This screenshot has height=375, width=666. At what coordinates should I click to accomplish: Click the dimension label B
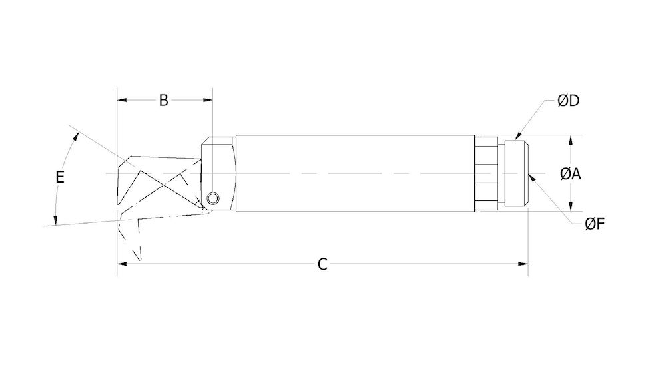pyautogui.click(x=164, y=101)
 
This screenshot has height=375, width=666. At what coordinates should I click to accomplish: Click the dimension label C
pyautogui.click(x=322, y=264)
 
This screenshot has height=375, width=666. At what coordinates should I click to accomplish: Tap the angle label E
pyautogui.click(x=60, y=177)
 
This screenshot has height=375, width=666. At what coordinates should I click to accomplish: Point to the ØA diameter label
pyautogui.click(x=571, y=174)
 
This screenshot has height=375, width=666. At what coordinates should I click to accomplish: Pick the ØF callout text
pyautogui.click(x=594, y=224)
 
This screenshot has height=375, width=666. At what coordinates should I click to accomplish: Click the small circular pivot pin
pyautogui.click(x=212, y=198)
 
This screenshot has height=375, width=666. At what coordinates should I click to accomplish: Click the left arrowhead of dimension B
pyautogui.click(x=122, y=101)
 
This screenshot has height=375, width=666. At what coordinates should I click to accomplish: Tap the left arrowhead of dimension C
pyautogui.click(x=123, y=264)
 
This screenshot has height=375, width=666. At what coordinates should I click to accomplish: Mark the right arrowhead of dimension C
pyautogui.click(x=523, y=264)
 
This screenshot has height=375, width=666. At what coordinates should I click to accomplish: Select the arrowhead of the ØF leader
pyautogui.click(x=531, y=177)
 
